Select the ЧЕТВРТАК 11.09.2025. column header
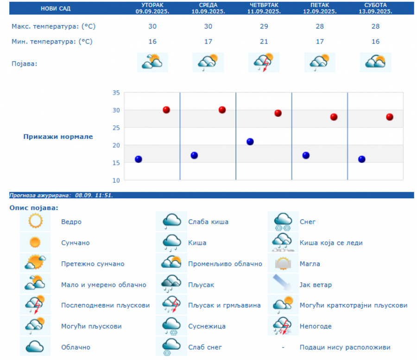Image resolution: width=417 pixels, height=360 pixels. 264,8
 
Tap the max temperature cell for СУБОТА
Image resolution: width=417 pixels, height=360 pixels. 375,26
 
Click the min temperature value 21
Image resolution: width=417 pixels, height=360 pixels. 264,42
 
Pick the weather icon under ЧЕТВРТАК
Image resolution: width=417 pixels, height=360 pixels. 264,62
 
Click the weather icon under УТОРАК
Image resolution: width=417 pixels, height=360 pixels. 152,62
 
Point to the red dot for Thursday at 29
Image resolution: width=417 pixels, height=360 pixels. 278,113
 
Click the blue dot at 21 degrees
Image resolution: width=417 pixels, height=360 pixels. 250,142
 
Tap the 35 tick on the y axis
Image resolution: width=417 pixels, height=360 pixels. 116,93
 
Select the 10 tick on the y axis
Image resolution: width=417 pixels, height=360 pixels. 116,180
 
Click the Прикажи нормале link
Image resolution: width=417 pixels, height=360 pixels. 58,137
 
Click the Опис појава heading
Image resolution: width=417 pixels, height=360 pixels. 34,208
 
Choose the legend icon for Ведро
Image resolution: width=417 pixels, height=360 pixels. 35,221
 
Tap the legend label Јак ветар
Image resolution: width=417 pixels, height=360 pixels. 316,284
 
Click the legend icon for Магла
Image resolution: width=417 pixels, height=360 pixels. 283,264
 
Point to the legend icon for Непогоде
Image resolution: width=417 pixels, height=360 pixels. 283,326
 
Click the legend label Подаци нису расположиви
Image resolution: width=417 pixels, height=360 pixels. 345,347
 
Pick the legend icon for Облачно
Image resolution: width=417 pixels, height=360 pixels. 35,347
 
